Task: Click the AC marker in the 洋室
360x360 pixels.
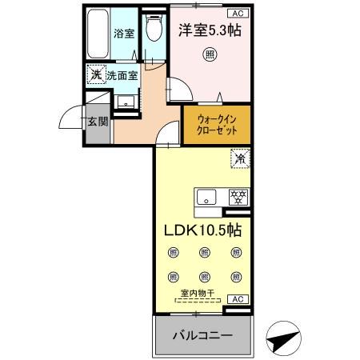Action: click(238, 13)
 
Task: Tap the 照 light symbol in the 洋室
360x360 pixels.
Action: click(209, 55)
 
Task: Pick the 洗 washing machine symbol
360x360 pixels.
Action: click(95, 75)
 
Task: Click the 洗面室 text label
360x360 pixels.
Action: click(122, 76)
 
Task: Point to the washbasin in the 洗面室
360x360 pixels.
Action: click(126, 102)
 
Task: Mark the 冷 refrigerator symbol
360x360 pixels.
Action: click(238, 158)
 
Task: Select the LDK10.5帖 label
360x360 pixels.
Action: click(203, 230)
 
